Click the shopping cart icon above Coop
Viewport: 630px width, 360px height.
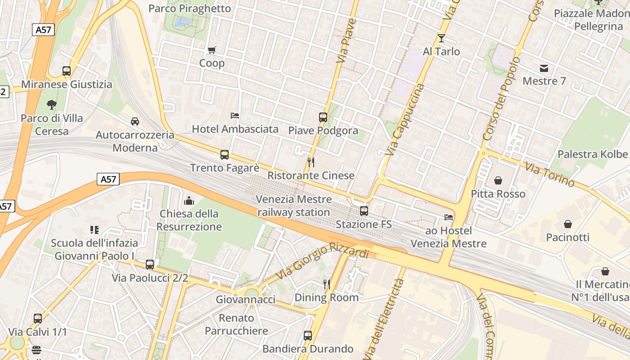click(x=211, y=50)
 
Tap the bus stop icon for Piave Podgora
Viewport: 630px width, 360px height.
click(x=323, y=117)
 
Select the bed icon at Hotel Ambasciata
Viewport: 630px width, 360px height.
click(x=235, y=116)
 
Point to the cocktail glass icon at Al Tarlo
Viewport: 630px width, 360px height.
click(x=441, y=38)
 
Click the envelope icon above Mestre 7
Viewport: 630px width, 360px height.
click(x=544, y=68)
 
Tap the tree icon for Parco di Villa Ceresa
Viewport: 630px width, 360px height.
click(x=52, y=105)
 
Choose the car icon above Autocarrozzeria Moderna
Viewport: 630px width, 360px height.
click(x=135, y=121)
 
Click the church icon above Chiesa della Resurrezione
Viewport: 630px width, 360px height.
click(x=189, y=200)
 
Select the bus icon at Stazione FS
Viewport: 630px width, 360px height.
click(x=364, y=211)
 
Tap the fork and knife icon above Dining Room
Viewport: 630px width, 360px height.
click(x=327, y=284)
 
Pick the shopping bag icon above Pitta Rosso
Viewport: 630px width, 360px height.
click(x=498, y=180)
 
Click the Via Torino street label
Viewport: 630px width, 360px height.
click(x=549, y=174)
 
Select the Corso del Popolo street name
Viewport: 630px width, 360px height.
click(x=501, y=98)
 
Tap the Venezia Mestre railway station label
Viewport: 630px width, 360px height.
click(x=294, y=206)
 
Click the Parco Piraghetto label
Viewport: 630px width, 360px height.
click(x=189, y=9)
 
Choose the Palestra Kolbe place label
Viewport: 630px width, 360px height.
click(x=592, y=154)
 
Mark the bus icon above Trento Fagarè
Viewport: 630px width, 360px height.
click(x=225, y=155)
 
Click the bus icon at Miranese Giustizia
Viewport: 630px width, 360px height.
click(x=67, y=71)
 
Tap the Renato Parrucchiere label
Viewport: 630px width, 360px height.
click(x=236, y=324)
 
